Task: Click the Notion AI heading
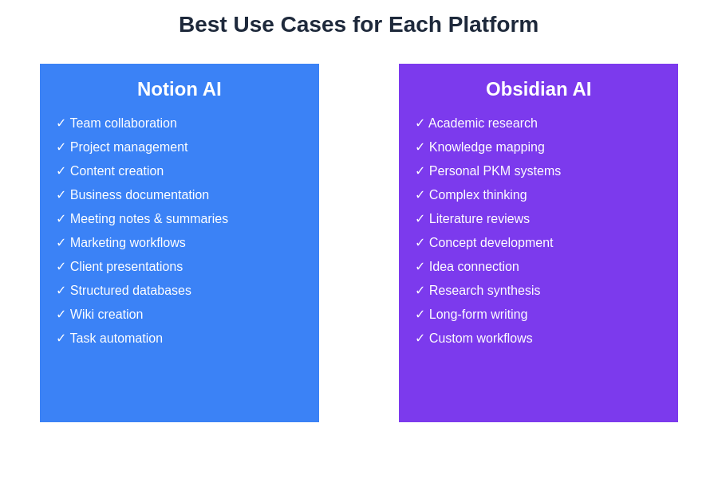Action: click(x=179, y=89)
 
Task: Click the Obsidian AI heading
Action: click(x=538, y=89)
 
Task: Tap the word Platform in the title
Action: click(x=493, y=25)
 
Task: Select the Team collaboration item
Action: click(x=123, y=123)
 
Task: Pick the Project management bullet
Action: click(x=128, y=147)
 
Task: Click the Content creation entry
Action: click(x=116, y=171)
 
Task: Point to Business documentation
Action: click(x=139, y=195)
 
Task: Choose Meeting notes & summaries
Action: click(x=148, y=219)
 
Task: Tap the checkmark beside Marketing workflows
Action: click(x=61, y=243)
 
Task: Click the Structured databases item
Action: click(x=130, y=291)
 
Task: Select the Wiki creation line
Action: click(x=106, y=315)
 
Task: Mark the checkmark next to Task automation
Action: click(x=61, y=339)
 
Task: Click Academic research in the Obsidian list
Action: click(x=483, y=123)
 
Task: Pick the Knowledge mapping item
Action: click(x=487, y=147)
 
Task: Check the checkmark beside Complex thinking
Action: click(x=420, y=195)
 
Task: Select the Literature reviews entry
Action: click(x=479, y=219)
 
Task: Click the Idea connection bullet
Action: click(x=474, y=267)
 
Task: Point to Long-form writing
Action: click(x=478, y=315)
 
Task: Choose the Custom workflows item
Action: click(x=480, y=339)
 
